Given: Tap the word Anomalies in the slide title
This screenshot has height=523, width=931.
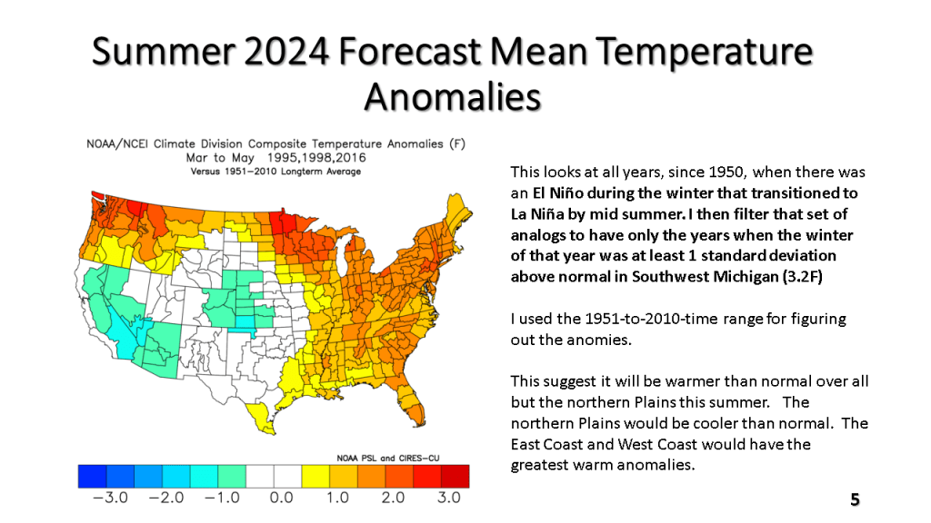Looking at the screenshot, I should (453, 96).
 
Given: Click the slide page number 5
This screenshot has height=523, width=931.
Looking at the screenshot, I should (855, 499).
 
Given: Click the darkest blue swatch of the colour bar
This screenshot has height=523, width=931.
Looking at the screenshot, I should (92, 476).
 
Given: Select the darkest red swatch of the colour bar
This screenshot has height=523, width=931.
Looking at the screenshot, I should (455, 476).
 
